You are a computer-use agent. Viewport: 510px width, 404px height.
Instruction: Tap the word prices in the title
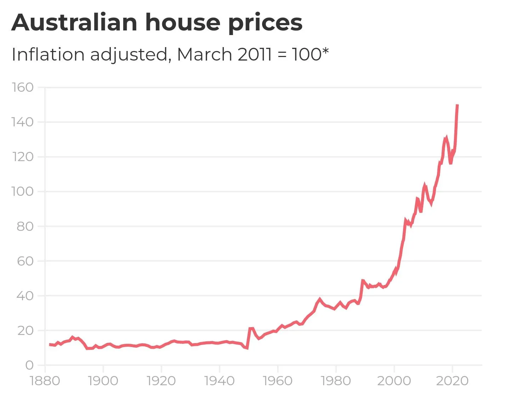265,23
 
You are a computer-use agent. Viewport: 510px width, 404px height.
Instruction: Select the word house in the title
183,23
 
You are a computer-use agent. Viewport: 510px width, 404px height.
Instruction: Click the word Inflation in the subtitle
48,55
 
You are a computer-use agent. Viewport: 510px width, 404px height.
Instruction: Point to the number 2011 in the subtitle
254,55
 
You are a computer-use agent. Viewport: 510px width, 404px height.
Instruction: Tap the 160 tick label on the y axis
23,87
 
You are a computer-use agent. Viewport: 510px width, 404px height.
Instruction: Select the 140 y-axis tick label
23,122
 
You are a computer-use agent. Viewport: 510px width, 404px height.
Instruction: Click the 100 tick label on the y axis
23,192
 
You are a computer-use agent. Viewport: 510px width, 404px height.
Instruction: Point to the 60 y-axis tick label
25,261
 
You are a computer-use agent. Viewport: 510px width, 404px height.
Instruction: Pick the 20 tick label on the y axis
25,330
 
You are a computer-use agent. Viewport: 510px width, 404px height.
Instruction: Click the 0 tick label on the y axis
29,365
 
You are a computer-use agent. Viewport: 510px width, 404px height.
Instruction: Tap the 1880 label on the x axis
45,381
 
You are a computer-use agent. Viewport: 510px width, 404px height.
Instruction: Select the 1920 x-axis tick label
161,381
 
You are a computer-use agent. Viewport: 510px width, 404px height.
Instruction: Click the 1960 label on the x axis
278,381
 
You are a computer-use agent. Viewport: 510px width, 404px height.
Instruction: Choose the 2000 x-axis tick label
394,381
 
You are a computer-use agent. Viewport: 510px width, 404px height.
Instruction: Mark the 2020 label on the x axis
452,381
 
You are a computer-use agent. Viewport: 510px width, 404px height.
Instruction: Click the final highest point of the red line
457,105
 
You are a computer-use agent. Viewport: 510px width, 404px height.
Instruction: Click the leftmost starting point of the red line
50,344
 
